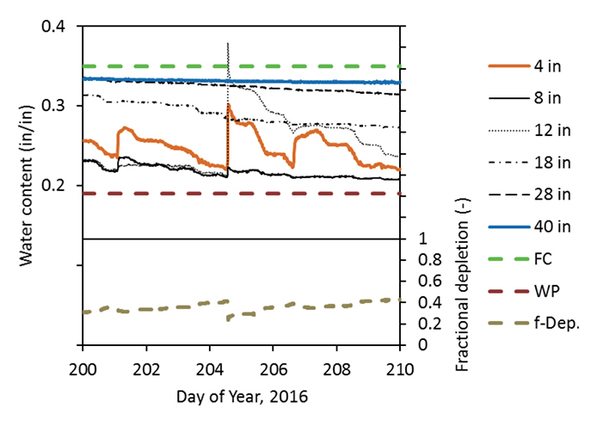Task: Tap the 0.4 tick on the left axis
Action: (58, 27)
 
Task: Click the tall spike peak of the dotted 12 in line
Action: (227, 42)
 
